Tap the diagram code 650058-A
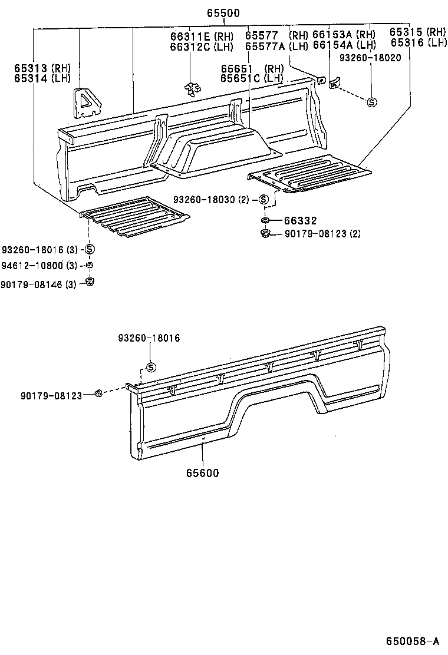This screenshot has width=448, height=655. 413,641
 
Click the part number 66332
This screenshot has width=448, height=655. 301,220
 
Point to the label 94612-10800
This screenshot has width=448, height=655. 32,265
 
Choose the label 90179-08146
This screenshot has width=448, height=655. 32,284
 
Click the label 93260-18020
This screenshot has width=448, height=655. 370,59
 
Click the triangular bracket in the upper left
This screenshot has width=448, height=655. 88,101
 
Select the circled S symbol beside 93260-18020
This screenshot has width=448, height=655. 372,102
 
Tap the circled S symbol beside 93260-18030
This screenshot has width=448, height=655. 264,200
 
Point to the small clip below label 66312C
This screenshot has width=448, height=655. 190,89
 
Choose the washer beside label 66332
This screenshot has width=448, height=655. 266,220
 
